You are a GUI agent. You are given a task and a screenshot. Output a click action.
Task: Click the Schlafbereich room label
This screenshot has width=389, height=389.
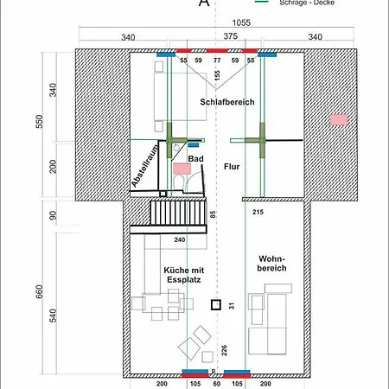coord(227,102)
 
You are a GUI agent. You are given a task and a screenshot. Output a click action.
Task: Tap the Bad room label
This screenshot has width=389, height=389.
coord(196,159)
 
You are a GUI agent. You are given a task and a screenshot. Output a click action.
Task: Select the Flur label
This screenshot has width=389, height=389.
coord(232,167)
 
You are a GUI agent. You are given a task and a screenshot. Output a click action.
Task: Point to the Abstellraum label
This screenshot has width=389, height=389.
coord(145,166)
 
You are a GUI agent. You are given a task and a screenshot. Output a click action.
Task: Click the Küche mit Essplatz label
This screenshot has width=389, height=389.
coord(184,275)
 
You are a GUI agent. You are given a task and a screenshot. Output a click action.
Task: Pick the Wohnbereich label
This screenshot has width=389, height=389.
coord(271,264)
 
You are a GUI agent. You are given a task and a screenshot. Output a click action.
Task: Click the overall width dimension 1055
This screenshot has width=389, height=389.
coord(241,22)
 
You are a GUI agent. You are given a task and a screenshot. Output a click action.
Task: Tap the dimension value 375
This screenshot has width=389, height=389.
coord(231,36)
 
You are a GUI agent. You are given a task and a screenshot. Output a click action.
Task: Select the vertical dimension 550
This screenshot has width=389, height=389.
coord(40,122)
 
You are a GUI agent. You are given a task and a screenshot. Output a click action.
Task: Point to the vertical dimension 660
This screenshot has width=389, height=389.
coord(40,291)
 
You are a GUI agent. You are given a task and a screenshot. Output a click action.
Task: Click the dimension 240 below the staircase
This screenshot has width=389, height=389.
coord(180,239)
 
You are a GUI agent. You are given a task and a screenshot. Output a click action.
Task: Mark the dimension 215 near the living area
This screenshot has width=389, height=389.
coord(258,212)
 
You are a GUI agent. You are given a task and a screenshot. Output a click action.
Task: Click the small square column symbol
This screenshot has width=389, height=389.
coord(216,305)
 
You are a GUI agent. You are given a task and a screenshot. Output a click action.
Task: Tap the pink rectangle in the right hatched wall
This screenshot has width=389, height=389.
coord(339,120)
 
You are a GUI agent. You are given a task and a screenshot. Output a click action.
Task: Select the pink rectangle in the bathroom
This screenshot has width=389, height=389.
coord(182,169)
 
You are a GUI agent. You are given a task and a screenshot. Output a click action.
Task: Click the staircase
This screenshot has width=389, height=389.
coord(178,213)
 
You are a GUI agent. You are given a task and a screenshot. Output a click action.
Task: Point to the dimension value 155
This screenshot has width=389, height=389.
coord(217,75)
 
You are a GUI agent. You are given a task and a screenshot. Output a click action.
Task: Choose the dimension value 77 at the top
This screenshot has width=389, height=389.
coord(217,61)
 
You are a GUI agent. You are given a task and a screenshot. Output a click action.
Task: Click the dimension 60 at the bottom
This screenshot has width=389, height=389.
coord(217,384)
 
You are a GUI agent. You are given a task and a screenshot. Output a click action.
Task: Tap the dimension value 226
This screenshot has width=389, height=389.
coord(224,350)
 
